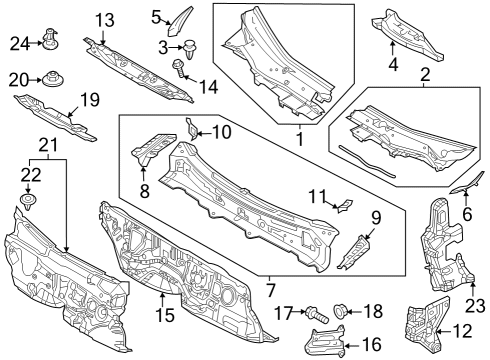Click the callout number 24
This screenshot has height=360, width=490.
(20, 44)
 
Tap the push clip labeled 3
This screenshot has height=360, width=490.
(190, 49)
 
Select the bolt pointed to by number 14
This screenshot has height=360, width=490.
(178, 68)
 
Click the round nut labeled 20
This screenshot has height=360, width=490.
(53, 79)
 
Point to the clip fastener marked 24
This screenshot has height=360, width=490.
(50, 38)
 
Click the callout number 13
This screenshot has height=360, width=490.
(105, 20)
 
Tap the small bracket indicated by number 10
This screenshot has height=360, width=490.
(192, 129)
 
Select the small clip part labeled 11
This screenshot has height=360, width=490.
(344, 205)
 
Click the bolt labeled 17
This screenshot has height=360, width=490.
(317, 315)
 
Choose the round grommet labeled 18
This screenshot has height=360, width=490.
(341, 311)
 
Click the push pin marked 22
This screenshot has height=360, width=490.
(28, 202)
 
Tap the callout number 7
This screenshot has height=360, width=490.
(270, 290)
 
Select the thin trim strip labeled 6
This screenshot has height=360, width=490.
(467, 183)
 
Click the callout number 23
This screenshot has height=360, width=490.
(475, 306)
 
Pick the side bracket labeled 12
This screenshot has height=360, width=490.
(426, 322)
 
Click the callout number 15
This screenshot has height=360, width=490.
(165, 315)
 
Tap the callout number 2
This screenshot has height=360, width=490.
(425, 75)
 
